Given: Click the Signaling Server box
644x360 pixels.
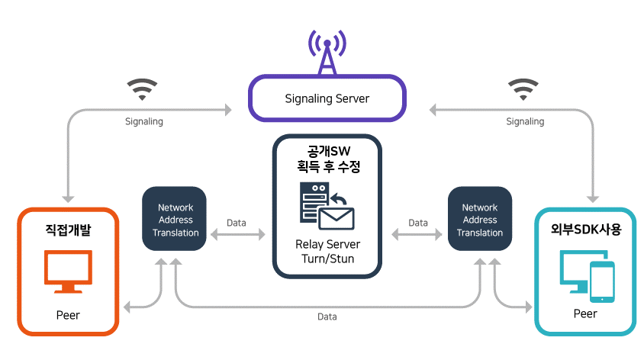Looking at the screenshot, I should point(327,98).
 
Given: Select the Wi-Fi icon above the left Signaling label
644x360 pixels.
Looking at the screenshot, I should point(142,90).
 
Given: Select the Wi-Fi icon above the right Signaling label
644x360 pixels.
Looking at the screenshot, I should point(523,90).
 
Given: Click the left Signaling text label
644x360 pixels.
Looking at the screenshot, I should point(143,121).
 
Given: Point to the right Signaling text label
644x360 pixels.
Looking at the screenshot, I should point(525,121).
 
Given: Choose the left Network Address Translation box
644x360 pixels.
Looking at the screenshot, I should point(175,220).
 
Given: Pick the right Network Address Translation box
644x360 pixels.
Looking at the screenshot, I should point(480,220).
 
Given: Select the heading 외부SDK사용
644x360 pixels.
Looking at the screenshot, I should point(585,228).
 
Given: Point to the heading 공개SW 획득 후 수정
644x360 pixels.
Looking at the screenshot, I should point(327,156).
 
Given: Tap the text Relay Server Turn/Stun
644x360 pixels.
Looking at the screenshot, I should point(327,252).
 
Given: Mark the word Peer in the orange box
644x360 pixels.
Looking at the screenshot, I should point(68,314).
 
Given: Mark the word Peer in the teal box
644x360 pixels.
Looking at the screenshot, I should point(585,313).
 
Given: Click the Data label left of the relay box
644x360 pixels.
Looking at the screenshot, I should point(237,223).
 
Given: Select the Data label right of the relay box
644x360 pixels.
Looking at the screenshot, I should point(418,223).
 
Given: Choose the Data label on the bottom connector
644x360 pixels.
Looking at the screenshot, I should point(327,316).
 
